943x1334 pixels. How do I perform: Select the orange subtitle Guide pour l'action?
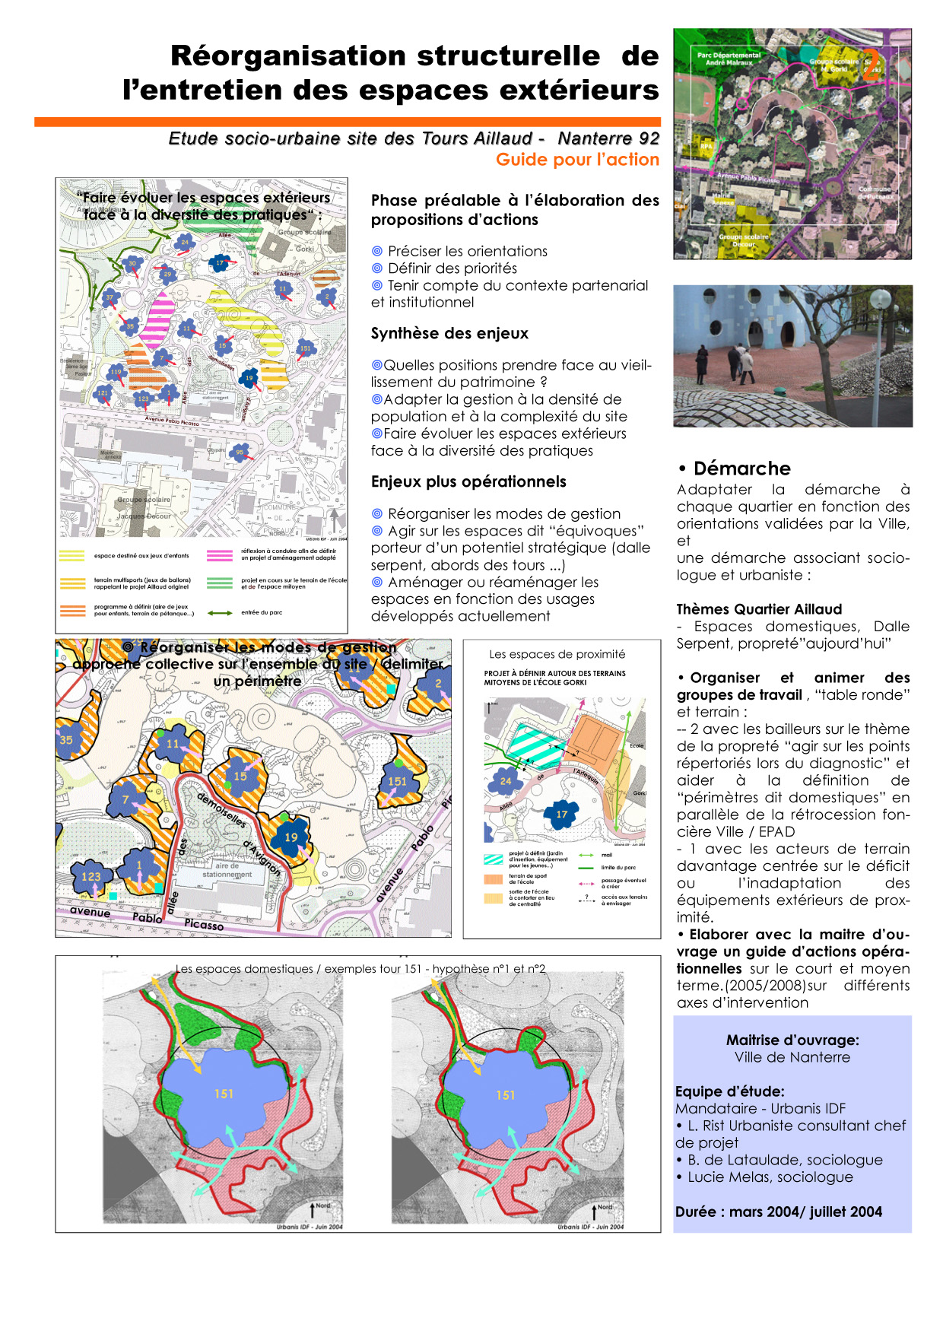tap(577, 160)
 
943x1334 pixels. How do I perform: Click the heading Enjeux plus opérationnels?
tap(468, 481)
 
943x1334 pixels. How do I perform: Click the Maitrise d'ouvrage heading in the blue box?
tap(792, 1040)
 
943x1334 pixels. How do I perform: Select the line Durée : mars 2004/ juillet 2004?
tap(779, 1212)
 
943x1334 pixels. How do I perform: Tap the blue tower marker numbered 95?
tap(240, 453)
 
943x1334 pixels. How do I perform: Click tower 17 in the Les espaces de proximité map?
tap(562, 814)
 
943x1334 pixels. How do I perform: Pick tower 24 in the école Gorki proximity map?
tap(506, 780)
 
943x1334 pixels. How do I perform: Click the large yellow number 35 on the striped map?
tap(67, 739)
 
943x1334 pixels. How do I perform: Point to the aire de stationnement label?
tap(227, 870)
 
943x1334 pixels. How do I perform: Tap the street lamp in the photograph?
tap(881, 299)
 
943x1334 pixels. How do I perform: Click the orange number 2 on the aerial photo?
tap(872, 65)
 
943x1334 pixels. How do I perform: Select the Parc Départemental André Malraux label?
tap(729, 59)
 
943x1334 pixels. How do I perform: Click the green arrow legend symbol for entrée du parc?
tap(220, 612)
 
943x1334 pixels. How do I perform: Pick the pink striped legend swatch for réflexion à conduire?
tap(220, 555)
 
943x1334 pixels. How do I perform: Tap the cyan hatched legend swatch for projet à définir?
tap(494, 859)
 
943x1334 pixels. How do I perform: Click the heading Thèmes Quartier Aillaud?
tap(759, 609)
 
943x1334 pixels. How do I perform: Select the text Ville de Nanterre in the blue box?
tap(792, 1057)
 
